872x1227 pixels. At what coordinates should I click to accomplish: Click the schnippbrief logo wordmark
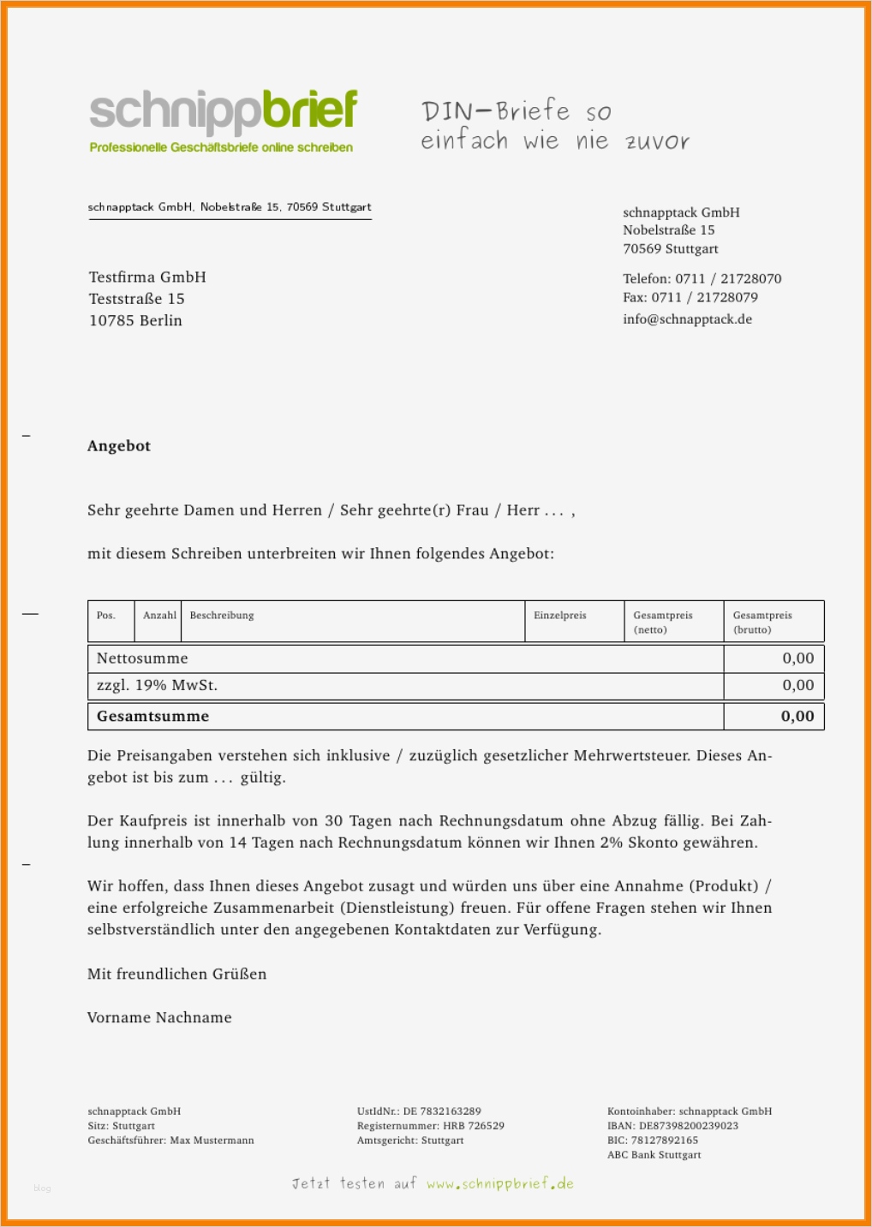[x=223, y=112]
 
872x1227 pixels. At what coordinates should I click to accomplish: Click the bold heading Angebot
[x=119, y=446]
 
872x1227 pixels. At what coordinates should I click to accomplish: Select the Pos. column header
[x=106, y=616]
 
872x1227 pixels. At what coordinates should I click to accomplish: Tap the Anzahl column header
[x=159, y=616]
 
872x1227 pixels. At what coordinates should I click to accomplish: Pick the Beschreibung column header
[x=222, y=616]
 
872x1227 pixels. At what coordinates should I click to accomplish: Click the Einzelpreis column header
[x=560, y=616]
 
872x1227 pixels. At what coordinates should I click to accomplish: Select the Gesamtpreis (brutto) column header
[x=762, y=622]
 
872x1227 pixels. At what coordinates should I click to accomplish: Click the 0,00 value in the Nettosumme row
[x=797, y=658]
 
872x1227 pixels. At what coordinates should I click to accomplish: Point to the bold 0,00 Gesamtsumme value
[x=797, y=717]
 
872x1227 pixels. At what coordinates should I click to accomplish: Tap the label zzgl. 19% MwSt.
[x=157, y=685]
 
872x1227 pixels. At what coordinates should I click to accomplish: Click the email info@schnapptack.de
[x=687, y=319]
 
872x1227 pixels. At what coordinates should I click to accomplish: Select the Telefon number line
[x=702, y=279]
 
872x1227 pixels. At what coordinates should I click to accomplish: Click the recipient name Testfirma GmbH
[x=147, y=277]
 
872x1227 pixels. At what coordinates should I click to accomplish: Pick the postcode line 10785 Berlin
[x=135, y=321]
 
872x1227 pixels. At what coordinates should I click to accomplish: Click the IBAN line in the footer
[x=672, y=1126]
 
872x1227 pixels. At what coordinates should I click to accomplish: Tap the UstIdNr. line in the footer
[x=419, y=1111]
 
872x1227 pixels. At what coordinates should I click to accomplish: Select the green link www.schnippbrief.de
[x=500, y=1184]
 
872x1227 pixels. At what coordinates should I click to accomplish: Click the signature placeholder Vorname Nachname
[x=159, y=1018]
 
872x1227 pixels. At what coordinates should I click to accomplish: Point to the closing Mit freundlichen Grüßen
[x=176, y=974]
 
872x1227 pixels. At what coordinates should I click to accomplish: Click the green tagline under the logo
[x=221, y=148]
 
